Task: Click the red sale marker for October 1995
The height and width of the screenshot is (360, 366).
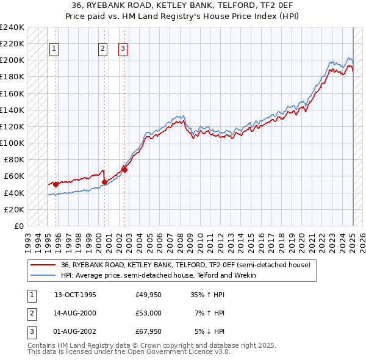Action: pyautogui.click(x=56, y=184)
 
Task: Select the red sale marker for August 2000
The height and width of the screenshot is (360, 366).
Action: pyautogui.click(x=104, y=182)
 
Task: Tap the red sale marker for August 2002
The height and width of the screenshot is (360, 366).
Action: pyautogui.click(x=124, y=170)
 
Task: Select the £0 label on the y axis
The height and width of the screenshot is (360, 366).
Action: pyautogui.click(x=18, y=226)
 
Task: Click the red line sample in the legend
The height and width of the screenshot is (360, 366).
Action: pyautogui.click(x=42, y=265)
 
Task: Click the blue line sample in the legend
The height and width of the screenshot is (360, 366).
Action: pyautogui.click(x=42, y=275)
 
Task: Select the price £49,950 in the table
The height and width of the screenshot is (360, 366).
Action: pyautogui.click(x=148, y=295)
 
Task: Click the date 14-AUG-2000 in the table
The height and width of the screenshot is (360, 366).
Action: pyautogui.click(x=75, y=313)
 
